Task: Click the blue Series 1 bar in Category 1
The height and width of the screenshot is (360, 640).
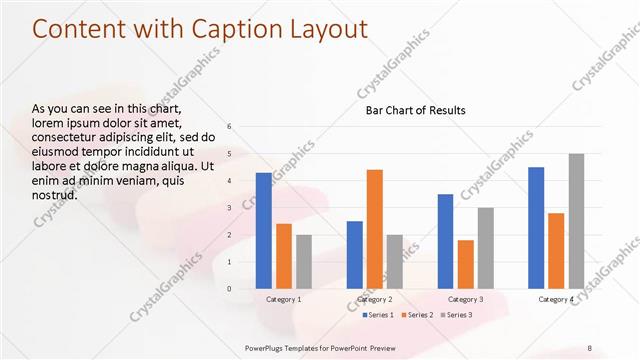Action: [x=263, y=230]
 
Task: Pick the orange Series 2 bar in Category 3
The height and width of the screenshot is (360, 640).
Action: [x=465, y=263]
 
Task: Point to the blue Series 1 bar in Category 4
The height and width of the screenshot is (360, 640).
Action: [x=536, y=227]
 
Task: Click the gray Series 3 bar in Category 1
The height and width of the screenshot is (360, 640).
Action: [x=304, y=261]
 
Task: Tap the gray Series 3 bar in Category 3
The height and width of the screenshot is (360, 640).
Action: [x=485, y=247]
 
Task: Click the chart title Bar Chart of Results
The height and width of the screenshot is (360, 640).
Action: [x=415, y=110]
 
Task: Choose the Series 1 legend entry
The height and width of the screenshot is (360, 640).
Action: [x=377, y=315]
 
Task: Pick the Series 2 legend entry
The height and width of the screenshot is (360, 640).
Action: [x=415, y=315]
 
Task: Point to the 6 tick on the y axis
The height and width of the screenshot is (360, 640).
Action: [x=229, y=127]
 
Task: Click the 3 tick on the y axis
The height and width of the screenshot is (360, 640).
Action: [x=229, y=208]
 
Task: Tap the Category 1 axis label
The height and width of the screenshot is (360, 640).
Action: [x=284, y=299]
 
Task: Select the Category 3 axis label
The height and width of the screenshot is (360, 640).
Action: [x=465, y=299]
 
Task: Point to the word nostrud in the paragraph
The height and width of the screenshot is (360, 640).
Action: [x=55, y=195]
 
